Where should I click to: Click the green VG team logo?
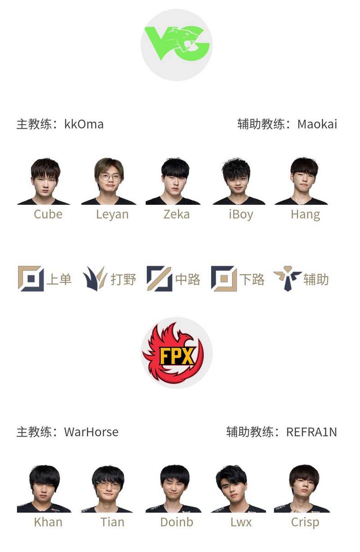pos(176,44)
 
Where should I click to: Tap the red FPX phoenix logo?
pos(176,353)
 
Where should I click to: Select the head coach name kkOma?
pos(84,124)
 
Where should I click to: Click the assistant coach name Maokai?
pos(317,124)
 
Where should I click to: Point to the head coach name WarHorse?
pos(91,432)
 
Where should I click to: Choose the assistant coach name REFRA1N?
pos(311,432)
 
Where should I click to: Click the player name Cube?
pos(48,214)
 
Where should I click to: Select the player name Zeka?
pos(176,214)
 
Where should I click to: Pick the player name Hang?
pos(305,214)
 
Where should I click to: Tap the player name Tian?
pos(112,522)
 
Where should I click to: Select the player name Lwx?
pos(241,522)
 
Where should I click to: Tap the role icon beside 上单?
pos(31,279)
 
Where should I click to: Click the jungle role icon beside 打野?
pos(94,279)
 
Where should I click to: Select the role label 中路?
pos(188,280)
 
